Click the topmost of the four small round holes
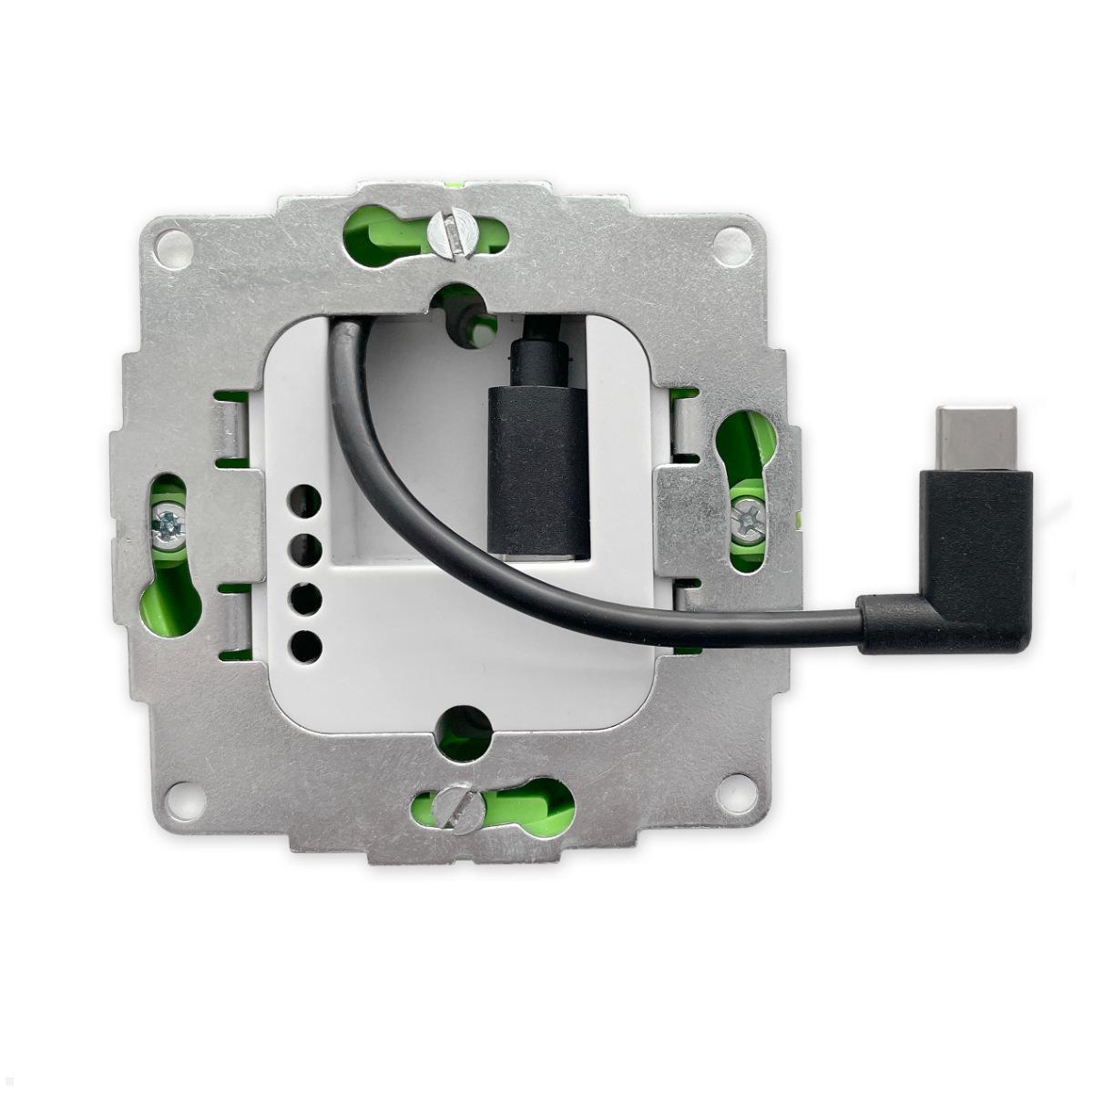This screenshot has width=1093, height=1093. tap(305, 501)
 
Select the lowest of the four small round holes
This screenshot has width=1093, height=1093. tap(305, 646)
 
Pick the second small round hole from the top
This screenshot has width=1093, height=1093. tap(305, 549)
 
